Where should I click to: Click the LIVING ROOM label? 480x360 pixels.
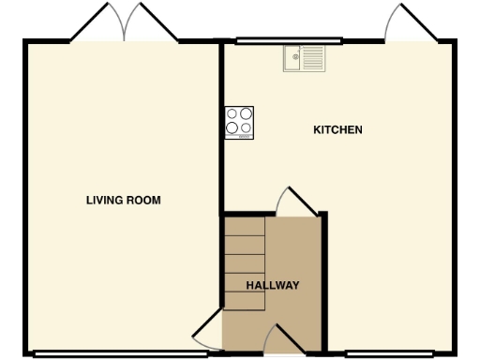tap(123, 200)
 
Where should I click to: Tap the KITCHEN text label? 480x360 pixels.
tap(337, 130)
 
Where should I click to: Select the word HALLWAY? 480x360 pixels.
tap(272, 285)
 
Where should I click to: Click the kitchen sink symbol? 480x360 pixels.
tap(305, 59)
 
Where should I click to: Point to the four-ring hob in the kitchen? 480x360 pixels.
tap(239, 123)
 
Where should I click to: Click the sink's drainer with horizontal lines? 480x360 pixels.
tap(314, 59)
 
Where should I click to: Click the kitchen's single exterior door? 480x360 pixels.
tap(406, 24)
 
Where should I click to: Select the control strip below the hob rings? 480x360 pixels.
tap(239, 138)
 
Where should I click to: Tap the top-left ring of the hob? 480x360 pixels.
tap(232, 114)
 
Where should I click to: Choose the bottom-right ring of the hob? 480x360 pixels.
tap(246, 129)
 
